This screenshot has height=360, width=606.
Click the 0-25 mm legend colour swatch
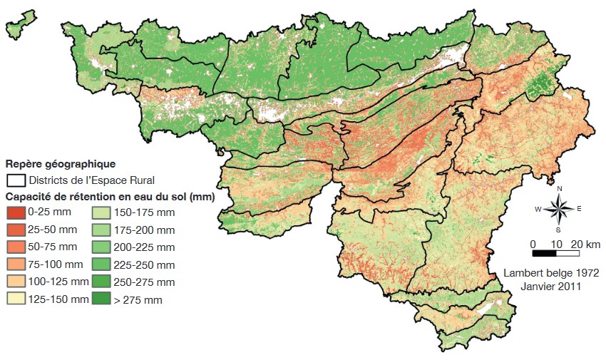[16, 212]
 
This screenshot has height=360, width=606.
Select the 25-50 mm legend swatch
[16, 229]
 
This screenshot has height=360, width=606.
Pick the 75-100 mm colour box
[16, 264]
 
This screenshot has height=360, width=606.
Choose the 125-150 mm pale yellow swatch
[16, 299]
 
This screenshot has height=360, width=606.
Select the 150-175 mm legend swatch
[101, 212]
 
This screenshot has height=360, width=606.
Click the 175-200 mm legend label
[143, 230]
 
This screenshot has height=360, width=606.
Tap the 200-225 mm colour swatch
[101, 247]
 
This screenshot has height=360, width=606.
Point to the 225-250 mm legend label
[143, 264]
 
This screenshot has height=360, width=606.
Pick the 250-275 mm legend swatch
[101, 282]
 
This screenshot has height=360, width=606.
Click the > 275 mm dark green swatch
[101, 299]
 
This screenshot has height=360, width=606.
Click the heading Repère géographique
[60, 164]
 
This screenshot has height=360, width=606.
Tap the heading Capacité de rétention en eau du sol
[111, 195]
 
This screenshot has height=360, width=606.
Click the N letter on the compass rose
[560, 188]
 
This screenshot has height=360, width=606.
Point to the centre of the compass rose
[560, 209]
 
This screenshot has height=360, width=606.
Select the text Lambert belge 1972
[550, 273]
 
